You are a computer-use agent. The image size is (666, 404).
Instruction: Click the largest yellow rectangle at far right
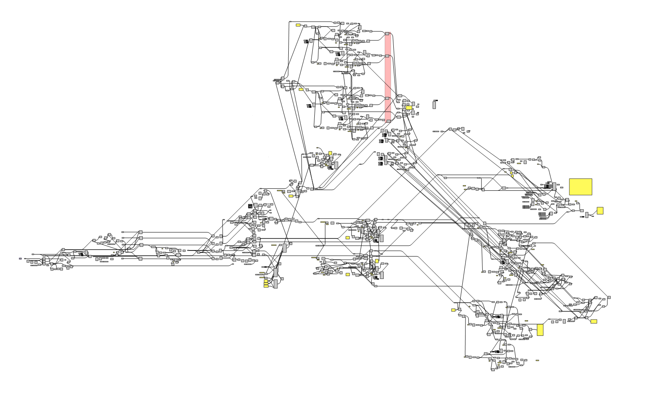point(580,187)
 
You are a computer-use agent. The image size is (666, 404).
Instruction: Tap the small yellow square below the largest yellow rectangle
point(600,210)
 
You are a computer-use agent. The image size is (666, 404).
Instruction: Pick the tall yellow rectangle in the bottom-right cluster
point(540,330)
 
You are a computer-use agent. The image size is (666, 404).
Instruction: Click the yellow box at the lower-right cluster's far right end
point(593,321)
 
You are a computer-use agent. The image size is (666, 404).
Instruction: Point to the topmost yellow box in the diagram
point(298,25)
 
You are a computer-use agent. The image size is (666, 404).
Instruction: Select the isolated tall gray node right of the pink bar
point(434,105)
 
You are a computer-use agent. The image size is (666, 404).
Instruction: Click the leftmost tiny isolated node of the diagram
point(20,259)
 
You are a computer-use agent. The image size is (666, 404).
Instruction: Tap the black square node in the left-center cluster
point(250,206)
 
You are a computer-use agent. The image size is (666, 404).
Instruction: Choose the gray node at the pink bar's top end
point(387,34)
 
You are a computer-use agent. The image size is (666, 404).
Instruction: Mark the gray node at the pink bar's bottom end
point(388,121)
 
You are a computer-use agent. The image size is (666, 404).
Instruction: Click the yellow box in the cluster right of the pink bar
point(409,107)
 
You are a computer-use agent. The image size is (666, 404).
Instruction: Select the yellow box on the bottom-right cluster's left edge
point(453,310)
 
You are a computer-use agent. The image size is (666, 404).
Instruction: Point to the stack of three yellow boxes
point(266,284)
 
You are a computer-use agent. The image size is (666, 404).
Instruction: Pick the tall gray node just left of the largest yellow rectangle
point(554,186)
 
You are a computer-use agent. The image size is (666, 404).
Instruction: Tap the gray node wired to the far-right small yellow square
point(587,215)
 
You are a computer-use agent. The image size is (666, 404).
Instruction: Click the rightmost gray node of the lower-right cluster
point(609,297)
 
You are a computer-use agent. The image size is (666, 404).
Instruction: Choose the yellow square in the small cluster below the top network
point(330,153)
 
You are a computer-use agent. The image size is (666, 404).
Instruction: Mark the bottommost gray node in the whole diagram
point(493,369)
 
